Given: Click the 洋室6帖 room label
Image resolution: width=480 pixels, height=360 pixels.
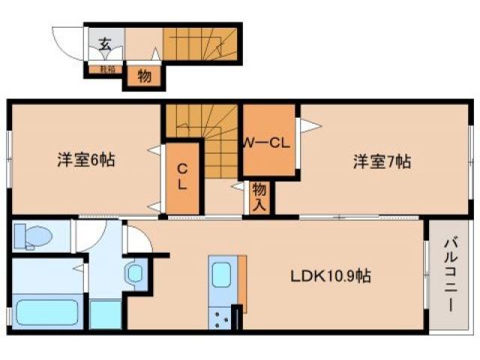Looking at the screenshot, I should point(87,160).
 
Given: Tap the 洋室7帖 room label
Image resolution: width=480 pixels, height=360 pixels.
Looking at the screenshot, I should point(382,160).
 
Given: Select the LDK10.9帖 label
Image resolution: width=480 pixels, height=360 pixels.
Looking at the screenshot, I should point(330,275).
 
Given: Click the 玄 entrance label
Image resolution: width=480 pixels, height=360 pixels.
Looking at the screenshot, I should point(104,43).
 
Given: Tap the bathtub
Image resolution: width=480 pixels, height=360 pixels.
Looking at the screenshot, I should point(46,311).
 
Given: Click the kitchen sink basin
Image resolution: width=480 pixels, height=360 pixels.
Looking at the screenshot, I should point(223,275).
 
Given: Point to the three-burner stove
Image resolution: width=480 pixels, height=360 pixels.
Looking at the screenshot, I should point(222,319).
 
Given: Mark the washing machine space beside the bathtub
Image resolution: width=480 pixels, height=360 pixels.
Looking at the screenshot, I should point(106,313).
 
